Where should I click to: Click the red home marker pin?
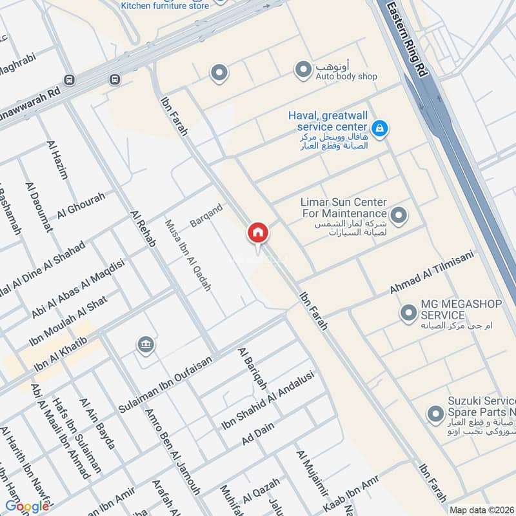(x=257, y=233)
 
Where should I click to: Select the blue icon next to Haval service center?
(x=381, y=128)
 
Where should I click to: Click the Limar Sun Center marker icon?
(x=399, y=215)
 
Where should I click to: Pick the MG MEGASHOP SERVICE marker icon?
(x=408, y=313)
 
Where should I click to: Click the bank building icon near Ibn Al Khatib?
(x=146, y=345)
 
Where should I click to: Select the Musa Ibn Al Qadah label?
(x=188, y=255)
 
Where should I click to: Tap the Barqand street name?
(x=206, y=215)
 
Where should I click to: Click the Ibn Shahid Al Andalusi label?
(x=268, y=401)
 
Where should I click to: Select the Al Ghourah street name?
(x=81, y=206)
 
